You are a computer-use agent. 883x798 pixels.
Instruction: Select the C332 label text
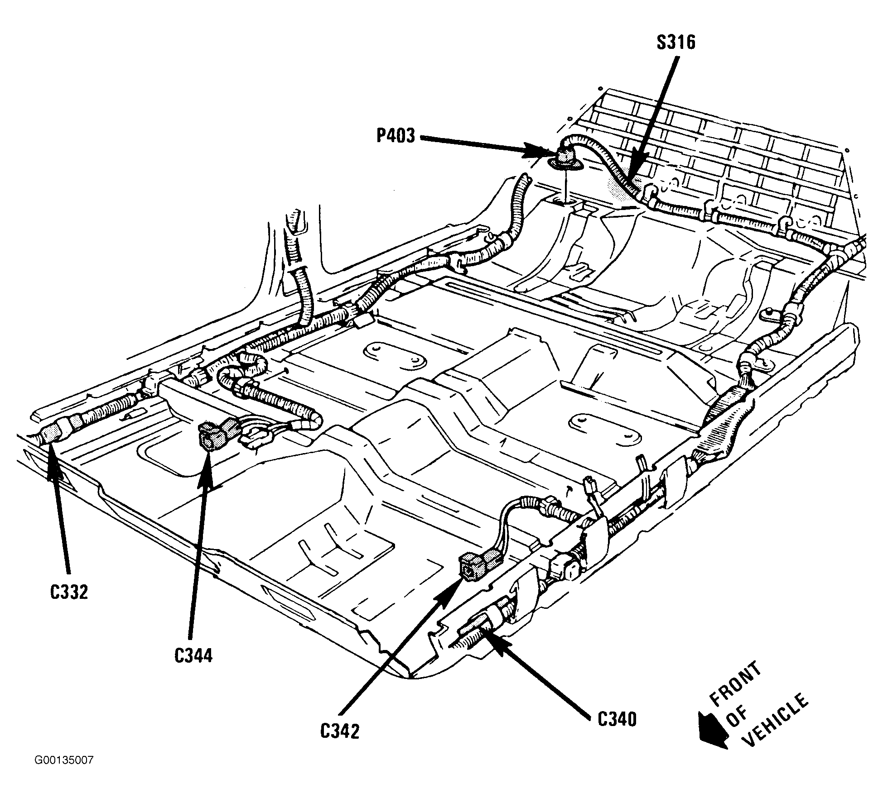[69, 592]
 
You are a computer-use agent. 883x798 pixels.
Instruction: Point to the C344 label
[193, 655]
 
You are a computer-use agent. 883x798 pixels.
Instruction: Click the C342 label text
[339, 732]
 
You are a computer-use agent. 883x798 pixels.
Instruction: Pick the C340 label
[617, 719]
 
